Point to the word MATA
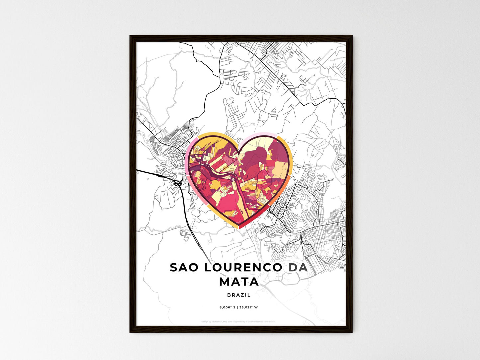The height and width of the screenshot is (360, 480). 239,282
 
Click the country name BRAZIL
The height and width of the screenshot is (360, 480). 239,295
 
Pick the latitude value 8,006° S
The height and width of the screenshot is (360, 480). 227,307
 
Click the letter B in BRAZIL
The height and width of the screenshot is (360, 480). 229,295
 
